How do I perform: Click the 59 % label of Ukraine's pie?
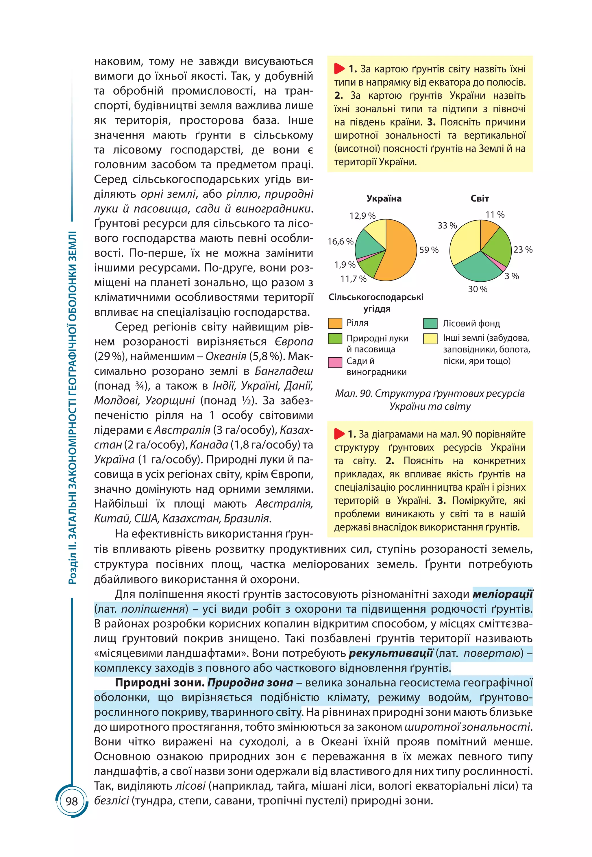(x=428, y=250)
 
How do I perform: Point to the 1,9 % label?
(x=345, y=265)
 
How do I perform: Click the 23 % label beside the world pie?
(x=523, y=250)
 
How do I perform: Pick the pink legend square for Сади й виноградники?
(x=335, y=362)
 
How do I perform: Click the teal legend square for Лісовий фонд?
(x=430, y=324)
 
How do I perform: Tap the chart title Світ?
(x=480, y=198)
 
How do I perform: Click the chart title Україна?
(x=384, y=198)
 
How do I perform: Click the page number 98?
(x=72, y=801)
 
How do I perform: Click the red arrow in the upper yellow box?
(x=339, y=69)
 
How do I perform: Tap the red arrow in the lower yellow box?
(x=339, y=433)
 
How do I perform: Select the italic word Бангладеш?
(x=284, y=371)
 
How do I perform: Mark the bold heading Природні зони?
(x=160, y=683)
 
